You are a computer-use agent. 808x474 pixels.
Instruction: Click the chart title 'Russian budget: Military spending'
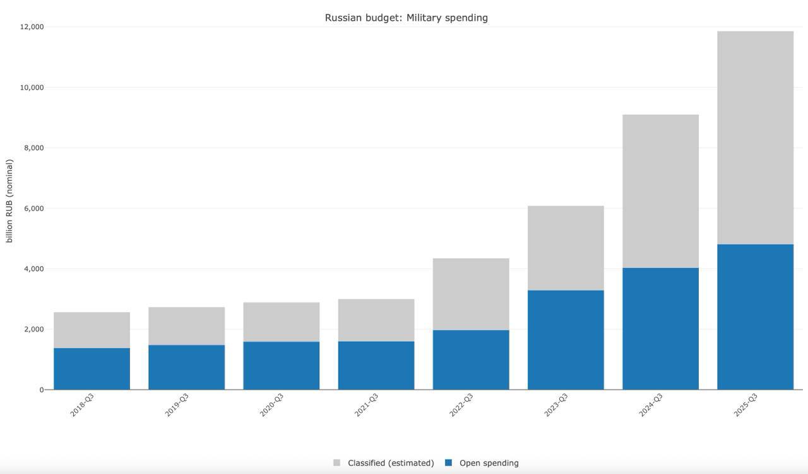coord(406,18)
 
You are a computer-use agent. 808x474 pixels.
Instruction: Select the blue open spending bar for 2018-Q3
coord(92,369)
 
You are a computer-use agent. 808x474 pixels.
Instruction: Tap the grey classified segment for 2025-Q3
coord(755,137)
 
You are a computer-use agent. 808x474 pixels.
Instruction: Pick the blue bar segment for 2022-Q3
coord(471,360)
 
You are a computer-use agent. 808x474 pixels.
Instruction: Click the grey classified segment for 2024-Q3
coord(660,191)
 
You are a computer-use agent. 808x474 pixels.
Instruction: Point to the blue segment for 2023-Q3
coord(566,340)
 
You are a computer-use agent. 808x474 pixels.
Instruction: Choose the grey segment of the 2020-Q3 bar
coord(282,322)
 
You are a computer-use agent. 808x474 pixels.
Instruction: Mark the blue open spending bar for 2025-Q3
coord(755,317)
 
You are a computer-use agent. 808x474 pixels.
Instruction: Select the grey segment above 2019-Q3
coord(186,326)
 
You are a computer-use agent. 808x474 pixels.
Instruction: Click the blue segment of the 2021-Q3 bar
coord(376,366)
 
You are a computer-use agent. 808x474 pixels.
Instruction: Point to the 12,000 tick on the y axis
coord(32,27)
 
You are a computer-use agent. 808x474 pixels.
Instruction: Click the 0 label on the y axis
coord(41,390)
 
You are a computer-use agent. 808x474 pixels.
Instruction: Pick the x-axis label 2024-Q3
coord(651,405)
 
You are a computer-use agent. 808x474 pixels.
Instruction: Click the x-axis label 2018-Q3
coord(82,405)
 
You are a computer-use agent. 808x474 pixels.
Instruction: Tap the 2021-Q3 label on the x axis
coord(366,405)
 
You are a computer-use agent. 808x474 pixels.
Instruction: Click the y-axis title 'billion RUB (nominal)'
coord(9,201)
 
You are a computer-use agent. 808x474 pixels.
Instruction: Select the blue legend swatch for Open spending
coord(449,463)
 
